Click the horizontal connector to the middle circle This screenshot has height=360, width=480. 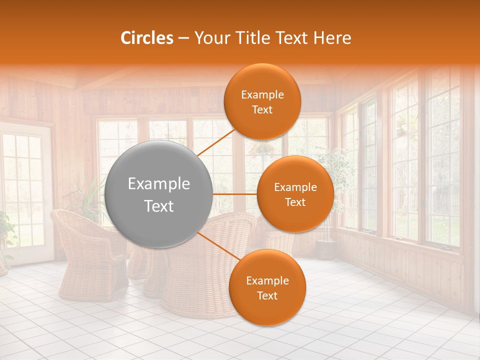click(235, 194)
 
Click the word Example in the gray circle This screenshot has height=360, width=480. click(158, 184)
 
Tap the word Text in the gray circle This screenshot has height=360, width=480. click(158, 206)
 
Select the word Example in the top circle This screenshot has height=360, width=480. click(262, 95)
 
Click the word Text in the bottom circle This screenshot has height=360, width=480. click(267, 296)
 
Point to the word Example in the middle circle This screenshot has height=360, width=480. click(295, 187)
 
